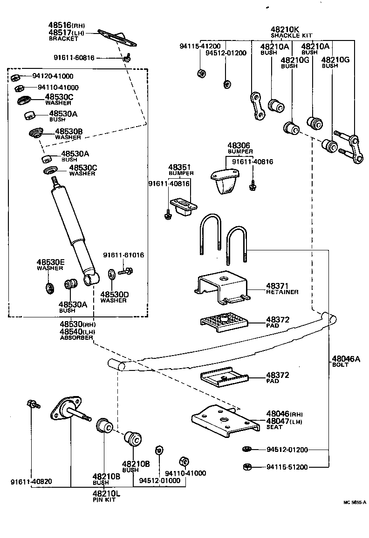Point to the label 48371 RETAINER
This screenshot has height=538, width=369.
282,288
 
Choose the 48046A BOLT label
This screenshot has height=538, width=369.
346,361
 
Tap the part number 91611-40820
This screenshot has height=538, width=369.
31,482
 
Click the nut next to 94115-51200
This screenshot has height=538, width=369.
248,467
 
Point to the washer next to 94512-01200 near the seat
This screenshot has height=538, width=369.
247,449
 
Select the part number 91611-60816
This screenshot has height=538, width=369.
87,58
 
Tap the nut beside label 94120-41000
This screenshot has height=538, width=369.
15,77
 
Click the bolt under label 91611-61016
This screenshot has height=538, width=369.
126,270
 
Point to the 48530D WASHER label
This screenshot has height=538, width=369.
113,297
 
